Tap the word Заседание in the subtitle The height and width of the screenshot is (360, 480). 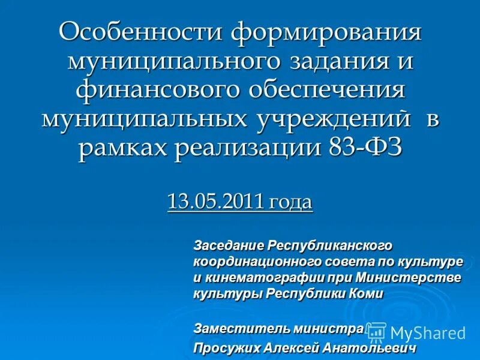click(228, 246)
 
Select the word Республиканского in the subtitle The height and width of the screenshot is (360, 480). click(329, 246)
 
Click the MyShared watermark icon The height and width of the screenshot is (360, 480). click(376, 332)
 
